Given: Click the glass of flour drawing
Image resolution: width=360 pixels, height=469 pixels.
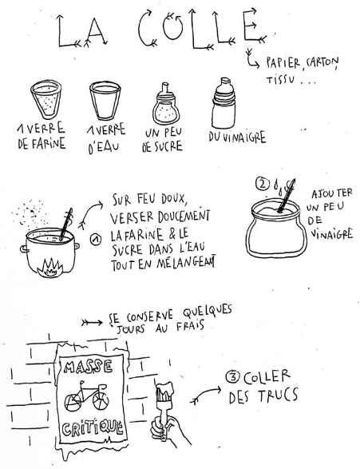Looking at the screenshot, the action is tap(46, 100).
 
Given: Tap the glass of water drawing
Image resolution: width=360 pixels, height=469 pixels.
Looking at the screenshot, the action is tap(105, 101).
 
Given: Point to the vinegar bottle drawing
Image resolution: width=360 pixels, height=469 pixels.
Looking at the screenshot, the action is tap(224, 103).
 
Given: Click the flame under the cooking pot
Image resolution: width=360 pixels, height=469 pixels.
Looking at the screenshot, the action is tap(50, 267).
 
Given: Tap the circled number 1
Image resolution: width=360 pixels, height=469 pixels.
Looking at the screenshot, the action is tap(96, 240).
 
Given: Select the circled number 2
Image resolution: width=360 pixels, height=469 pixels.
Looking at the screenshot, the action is tap(262, 185).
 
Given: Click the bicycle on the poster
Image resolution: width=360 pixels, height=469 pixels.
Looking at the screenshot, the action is tap(87, 395).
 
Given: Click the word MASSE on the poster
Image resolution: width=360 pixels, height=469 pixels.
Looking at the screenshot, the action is tap(88, 367).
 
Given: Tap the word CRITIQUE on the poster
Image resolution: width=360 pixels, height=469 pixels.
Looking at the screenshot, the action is tap(93, 428).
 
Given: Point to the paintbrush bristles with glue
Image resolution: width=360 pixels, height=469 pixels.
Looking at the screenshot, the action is tap(164, 391).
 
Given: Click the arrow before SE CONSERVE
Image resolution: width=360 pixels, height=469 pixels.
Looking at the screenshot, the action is tap(92, 323).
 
